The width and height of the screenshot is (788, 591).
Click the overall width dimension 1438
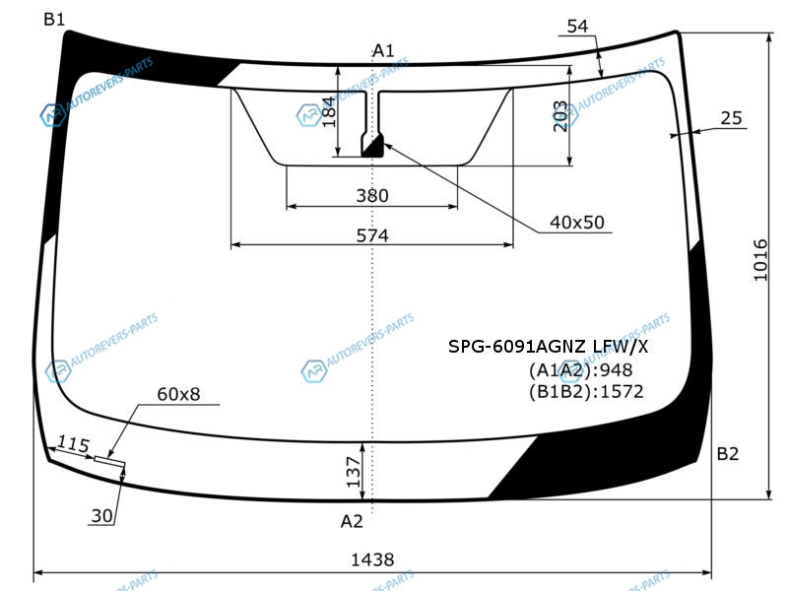tap(372, 559)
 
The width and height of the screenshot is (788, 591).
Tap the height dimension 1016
tap(760, 260)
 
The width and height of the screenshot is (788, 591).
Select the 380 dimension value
tap(372, 195)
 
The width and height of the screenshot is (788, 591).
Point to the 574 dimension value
tap(372, 235)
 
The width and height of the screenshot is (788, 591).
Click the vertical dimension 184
tap(328, 112)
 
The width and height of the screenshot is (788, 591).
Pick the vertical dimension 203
tap(559, 116)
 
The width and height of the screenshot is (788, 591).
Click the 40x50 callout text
tap(577, 223)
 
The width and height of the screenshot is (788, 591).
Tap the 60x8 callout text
tap(178, 394)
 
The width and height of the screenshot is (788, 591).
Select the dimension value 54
tap(577, 27)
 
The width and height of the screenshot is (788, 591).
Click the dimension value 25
tap(731, 118)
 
